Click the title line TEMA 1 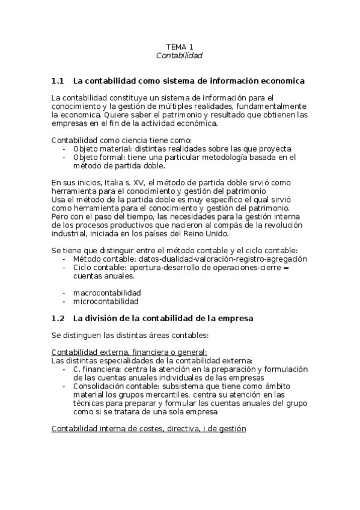click(x=180, y=46)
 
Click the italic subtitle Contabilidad click(x=180, y=55)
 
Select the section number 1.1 click(x=58, y=81)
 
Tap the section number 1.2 click(x=58, y=318)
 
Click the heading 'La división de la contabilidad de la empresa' click(x=163, y=318)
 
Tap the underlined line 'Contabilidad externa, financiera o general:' click(x=129, y=352)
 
